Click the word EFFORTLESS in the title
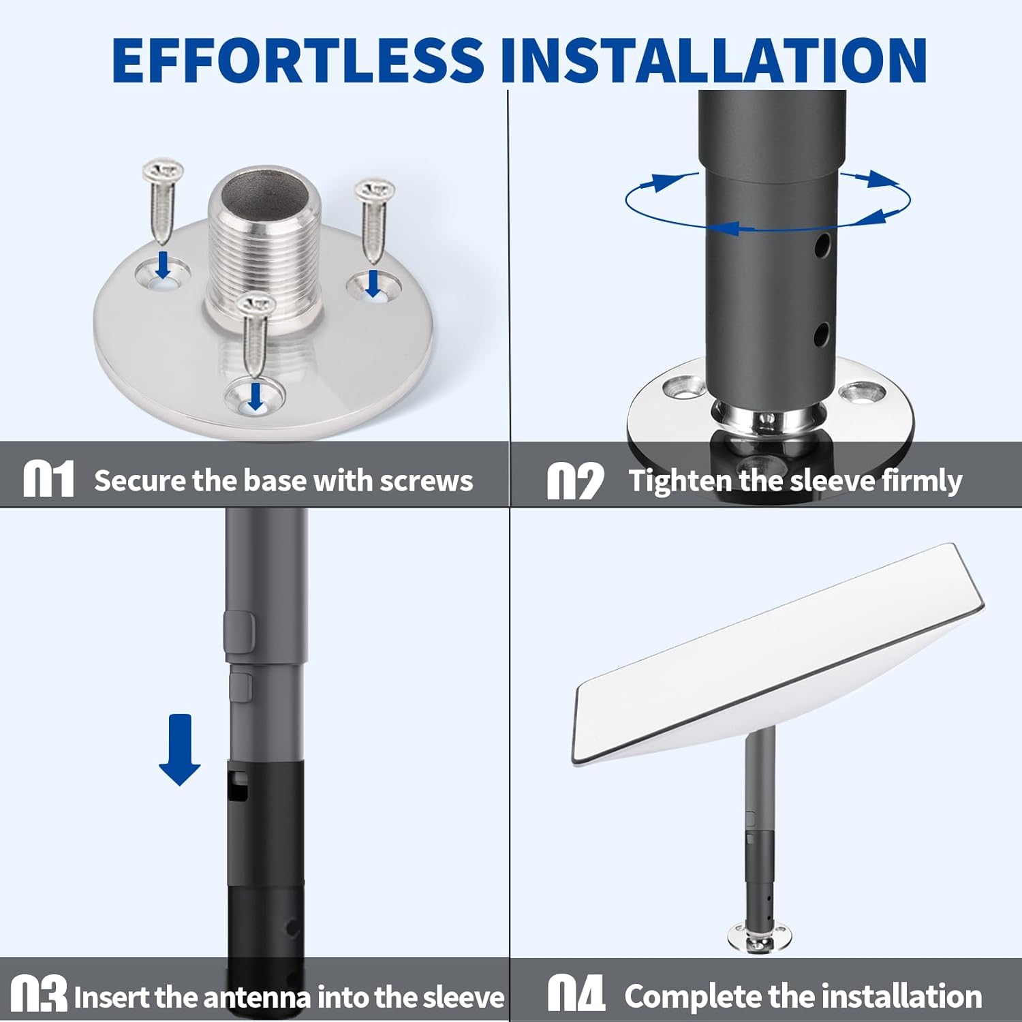point(298,60)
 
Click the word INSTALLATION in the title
point(713,60)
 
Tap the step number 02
point(576,480)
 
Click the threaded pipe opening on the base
point(264,194)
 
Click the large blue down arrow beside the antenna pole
point(179,749)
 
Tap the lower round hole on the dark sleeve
point(822,334)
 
